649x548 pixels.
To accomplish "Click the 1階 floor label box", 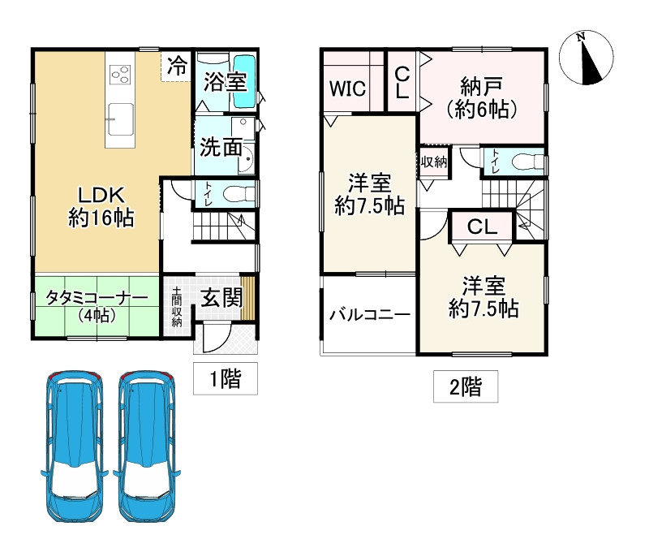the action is pos(226,378).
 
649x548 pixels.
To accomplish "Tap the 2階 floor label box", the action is pos(466,386).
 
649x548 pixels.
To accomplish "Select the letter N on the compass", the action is pos(581,37).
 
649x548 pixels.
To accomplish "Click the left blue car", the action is pos(73,446).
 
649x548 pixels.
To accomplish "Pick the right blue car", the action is pos(146,446).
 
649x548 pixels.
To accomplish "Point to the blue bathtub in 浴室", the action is pos(245,82).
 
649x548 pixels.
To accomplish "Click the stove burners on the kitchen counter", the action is pos(120,75).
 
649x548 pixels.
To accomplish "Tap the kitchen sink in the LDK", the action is pos(120,119).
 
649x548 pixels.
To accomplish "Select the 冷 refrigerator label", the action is pos(177,66).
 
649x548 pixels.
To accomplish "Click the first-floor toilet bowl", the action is pos(238,193).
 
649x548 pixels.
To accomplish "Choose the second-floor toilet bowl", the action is pos(527,162).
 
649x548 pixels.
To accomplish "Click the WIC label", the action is pos(348,88).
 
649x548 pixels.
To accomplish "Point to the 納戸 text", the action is pos(481,86).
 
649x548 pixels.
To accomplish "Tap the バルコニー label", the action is pos(370,315).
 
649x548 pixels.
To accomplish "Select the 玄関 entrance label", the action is pos(221,298).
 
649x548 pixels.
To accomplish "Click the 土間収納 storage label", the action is pos(177,307).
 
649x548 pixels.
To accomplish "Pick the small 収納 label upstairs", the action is pos(434,162).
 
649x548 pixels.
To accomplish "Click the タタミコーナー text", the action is pos(97,298).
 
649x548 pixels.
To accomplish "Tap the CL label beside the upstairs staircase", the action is pos(482,227).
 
